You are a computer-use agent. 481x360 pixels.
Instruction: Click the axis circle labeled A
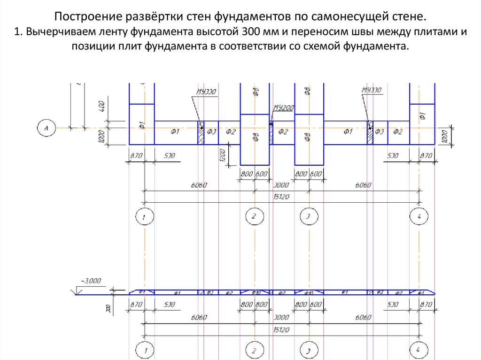[x=47, y=127]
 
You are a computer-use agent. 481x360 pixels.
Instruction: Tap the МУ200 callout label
[x=284, y=108]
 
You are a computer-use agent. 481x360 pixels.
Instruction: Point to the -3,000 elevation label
[x=91, y=281]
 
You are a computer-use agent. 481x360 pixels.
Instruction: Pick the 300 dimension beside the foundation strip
[x=108, y=308]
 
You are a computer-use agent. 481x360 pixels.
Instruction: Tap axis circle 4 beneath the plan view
[x=419, y=216]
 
